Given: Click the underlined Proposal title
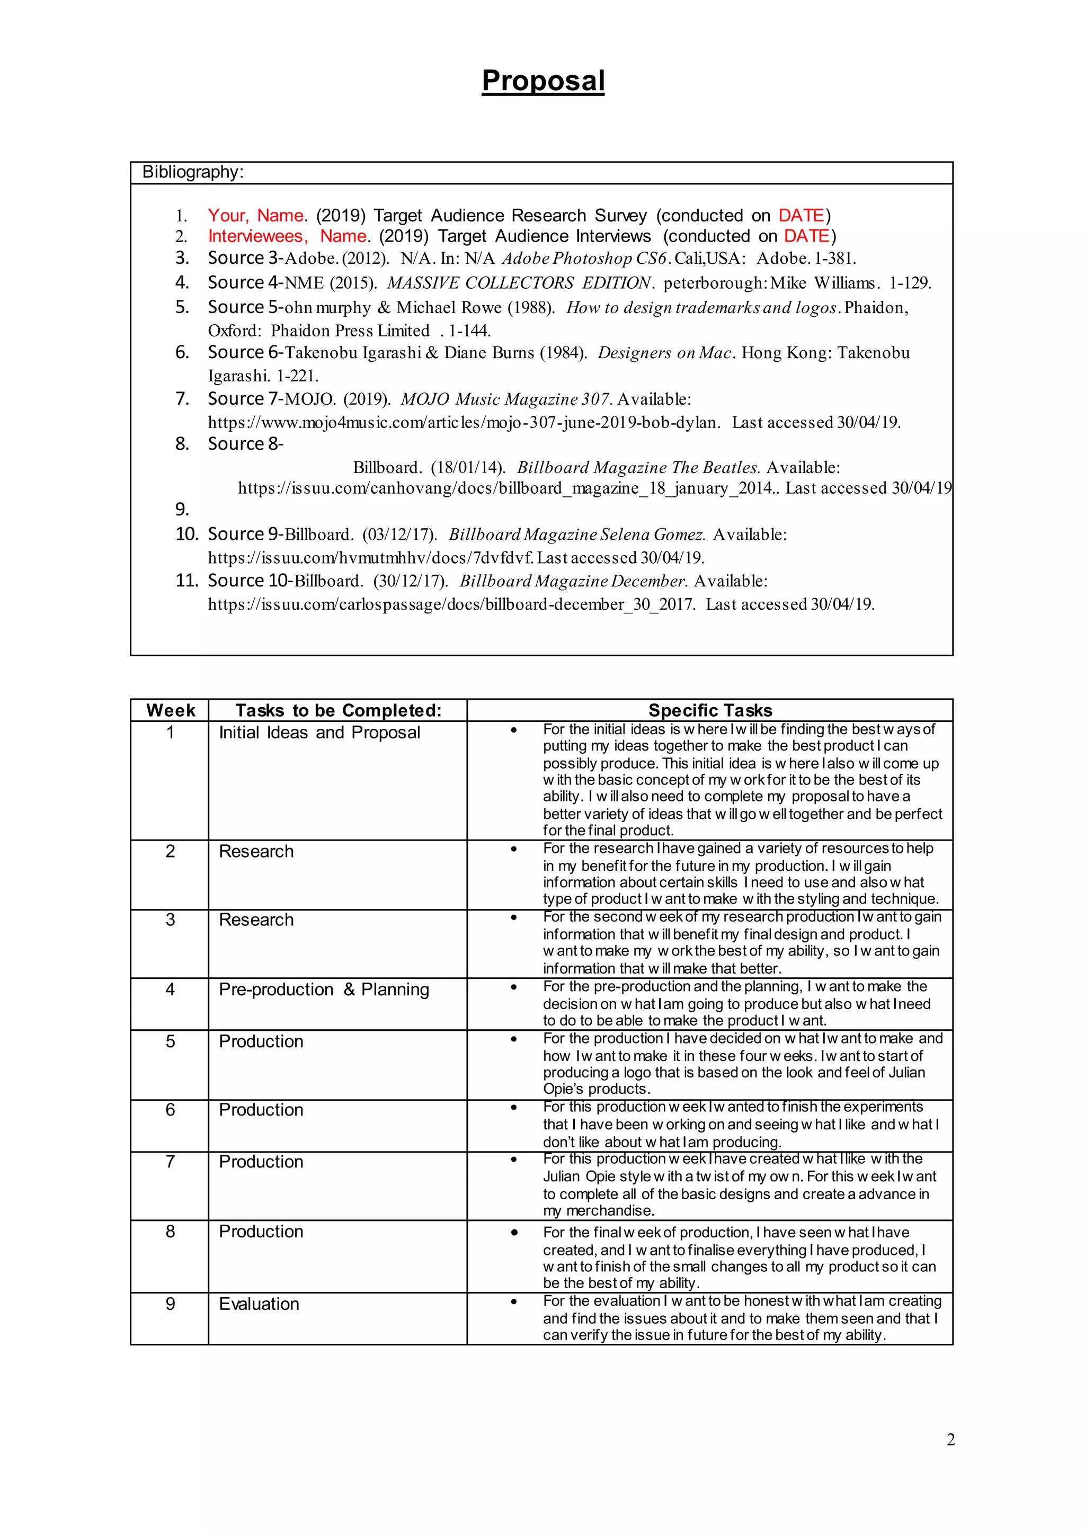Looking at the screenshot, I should pyautogui.click(x=542, y=81).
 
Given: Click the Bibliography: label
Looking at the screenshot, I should pyautogui.click(x=192, y=172).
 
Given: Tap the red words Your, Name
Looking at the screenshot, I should pyautogui.click(x=256, y=216).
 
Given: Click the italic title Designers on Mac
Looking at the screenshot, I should pyautogui.click(x=665, y=353).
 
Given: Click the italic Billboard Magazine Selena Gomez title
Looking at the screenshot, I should pyautogui.click(x=576, y=534).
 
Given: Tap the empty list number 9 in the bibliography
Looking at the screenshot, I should pyautogui.click(x=182, y=510).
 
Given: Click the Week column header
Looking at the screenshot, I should pyautogui.click(x=171, y=710).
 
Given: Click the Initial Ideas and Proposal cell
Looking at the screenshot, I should pyautogui.click(x=319, y=733).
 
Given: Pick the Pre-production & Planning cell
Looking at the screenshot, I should pyautogui.click(x=324, y=989).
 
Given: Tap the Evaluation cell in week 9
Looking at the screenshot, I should pyautogui.click(x=259, y=1304).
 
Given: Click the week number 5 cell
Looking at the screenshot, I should pyautogui.click(x=171, y=1041).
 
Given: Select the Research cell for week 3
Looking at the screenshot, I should pyautogui.click(x=256, y=920).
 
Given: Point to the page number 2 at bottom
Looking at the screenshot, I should pyautogui.click(x=950, y=1440).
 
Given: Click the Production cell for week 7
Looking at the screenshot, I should pyautogui.click(x=261, y=1162).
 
